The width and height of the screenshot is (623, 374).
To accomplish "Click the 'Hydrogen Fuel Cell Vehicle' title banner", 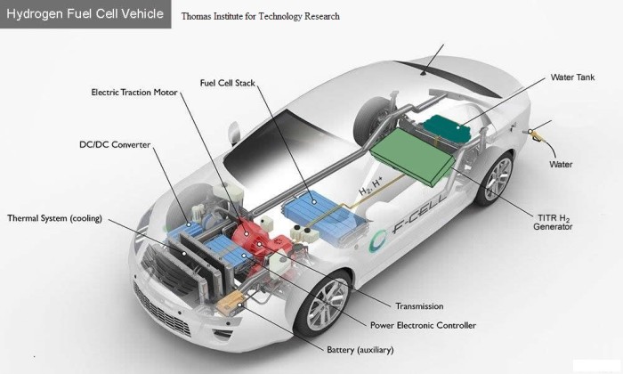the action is click(x=85, y=14).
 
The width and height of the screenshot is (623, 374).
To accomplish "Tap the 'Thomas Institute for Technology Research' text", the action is click(x=260, y=16).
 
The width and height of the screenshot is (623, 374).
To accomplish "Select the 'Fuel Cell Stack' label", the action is click(x=227, y=83).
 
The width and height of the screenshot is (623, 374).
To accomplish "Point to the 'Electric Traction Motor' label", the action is click(x=134, y=93).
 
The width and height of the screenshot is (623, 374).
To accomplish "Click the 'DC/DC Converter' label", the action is click(x=115, y=144).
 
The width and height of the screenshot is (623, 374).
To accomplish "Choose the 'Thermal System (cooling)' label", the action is click(x=55, y=218).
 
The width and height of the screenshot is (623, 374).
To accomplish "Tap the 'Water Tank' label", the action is click(x=572, y=77).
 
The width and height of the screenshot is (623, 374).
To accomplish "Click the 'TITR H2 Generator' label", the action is click(x=553, y=223).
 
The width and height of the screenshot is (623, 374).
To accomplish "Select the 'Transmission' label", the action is click(x=419, y=306).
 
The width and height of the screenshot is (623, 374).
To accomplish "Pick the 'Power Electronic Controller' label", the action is click(x=423, y=325).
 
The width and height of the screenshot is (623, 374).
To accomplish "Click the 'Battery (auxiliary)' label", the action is click(x=360, y=350).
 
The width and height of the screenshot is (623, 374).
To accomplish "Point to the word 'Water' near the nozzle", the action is click(x=561, y=164).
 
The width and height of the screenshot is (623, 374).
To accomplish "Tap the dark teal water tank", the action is click(x=447, y=129).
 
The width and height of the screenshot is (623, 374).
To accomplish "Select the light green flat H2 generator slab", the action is click(x=412, y=156).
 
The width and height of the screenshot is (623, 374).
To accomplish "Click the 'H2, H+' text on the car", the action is click(x=371, y=186).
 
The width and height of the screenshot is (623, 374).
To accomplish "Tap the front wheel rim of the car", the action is click(x=327, y=304).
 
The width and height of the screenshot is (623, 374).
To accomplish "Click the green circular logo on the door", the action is click(x=378, y=240).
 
